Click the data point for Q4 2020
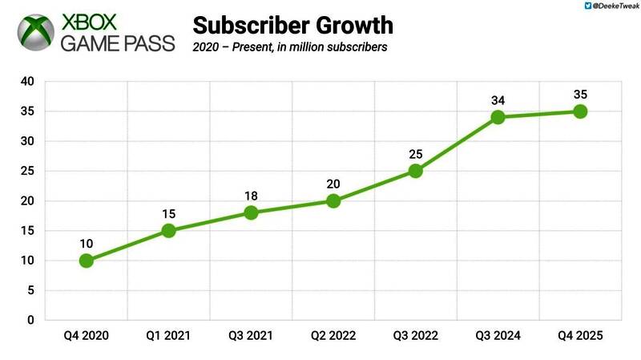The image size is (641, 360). (87, 261)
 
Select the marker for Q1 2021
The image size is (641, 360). (168, 231)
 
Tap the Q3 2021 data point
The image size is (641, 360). (251, 212)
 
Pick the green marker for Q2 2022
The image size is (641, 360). (333, 200)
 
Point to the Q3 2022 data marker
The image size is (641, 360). (415, 171)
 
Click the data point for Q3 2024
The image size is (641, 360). (498, 117)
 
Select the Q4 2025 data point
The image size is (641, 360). (580, 111)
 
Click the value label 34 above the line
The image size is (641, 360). (498, 99)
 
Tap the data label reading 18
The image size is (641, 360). (251, 195)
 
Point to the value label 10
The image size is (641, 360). (87, 243)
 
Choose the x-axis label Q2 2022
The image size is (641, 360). (333, 335)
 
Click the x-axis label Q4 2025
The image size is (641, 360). (580, 335)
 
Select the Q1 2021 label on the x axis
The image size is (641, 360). (168, 335)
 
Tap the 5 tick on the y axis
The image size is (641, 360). (30, 291)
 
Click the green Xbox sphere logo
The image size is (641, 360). (36, 32)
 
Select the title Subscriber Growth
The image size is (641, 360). (293, 24)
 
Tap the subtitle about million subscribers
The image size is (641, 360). (290, 47)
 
